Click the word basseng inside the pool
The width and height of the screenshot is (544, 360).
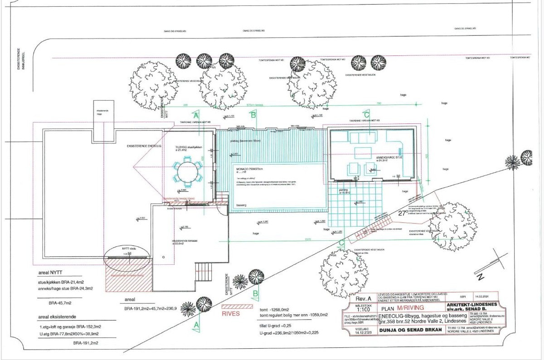coord(242,205)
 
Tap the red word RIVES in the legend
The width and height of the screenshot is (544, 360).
coord(231,313)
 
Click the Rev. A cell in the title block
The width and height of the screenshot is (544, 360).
coord(364,299)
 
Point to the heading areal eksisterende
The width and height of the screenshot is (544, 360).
coord(57,316)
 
